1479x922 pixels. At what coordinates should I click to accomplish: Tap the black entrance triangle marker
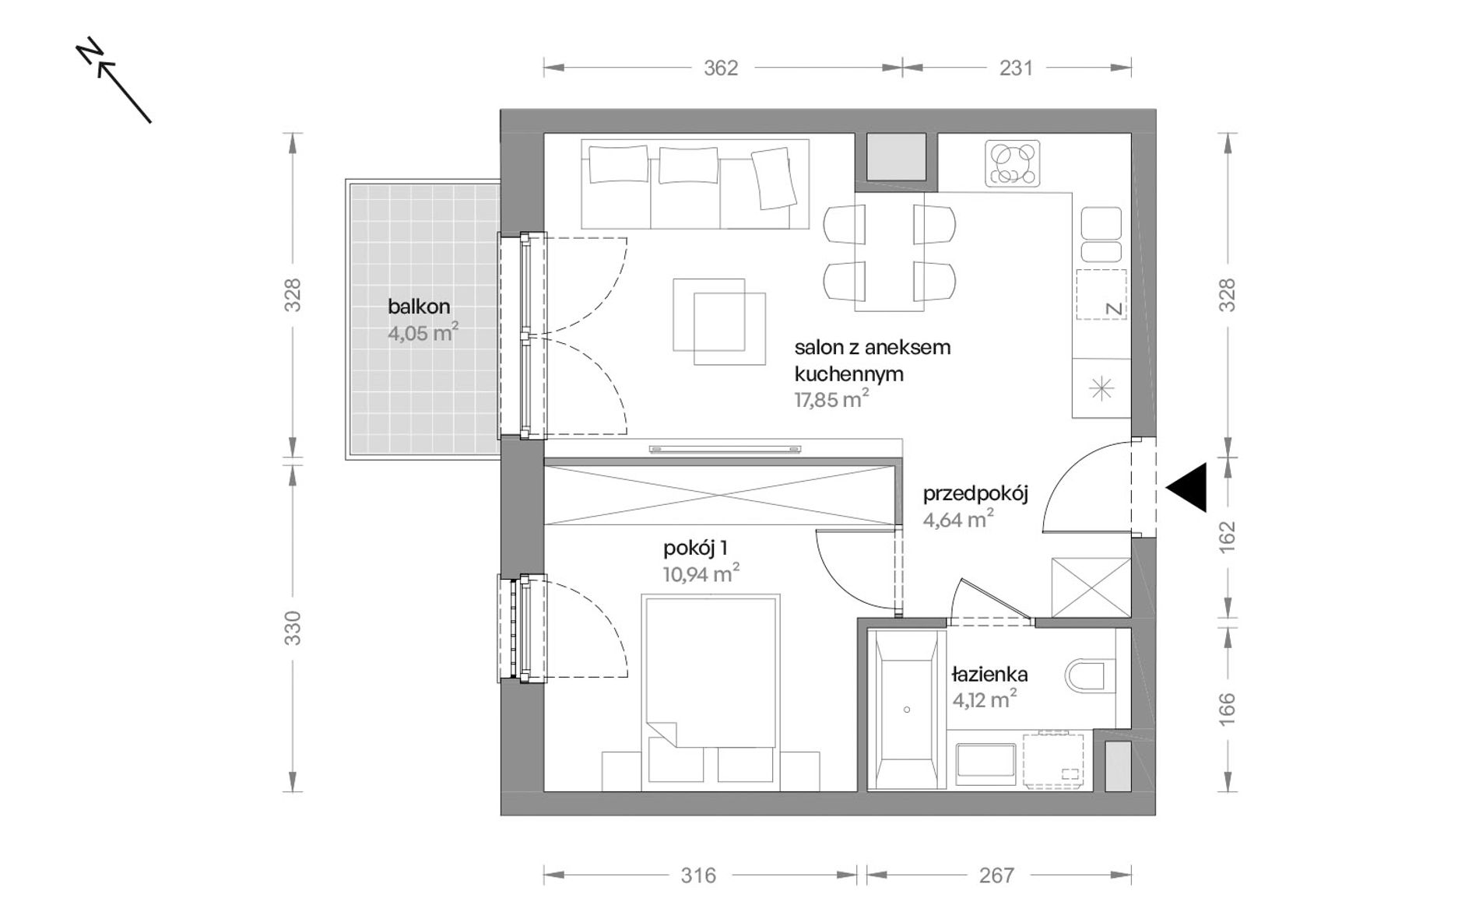pyautogui.click(x=1186, y=487)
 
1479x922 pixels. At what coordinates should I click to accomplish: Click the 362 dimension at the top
pyautogui.click(x=720, y=68)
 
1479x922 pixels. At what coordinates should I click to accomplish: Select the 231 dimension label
pyautogui.click(x=1016, y=68)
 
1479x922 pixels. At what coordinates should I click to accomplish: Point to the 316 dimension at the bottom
pyautogui.click(x=698, y=876)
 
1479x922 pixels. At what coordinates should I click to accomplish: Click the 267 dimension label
pyautogui.click(x=997, y=876)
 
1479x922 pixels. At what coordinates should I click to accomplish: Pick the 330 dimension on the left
pyautogui.click(x=293, y=628)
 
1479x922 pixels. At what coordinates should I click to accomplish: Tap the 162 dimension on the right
pyautogui.click(x=1228, y=538)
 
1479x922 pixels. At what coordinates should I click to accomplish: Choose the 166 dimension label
pyautogui.click(x=1228, y=709)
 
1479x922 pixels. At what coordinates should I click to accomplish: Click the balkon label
pyautogui.click(x=419, y=307)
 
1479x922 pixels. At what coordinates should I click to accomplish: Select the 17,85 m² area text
pyautogui.click(x=831, y=400)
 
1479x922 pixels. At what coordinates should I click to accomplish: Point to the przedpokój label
pyautogui.click(x=976, y=495)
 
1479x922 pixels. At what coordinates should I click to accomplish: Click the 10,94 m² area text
pyautogui.click(x=701, y=574)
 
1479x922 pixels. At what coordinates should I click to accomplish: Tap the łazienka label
pyautogui.click(x=990, y=675)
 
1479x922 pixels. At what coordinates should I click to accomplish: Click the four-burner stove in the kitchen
pyautogui.click(x=1013, y=163)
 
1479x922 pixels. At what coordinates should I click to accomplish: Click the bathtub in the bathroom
pyautogui.click(x=907, y=709)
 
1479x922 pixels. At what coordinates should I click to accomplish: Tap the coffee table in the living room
pyautogui.click(x=719, y=322)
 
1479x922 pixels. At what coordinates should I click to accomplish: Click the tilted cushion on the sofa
pyautogui.click(x=775, y=177)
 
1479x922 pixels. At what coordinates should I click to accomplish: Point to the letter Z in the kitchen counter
pyautogui.click(x=1114, y=309)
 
